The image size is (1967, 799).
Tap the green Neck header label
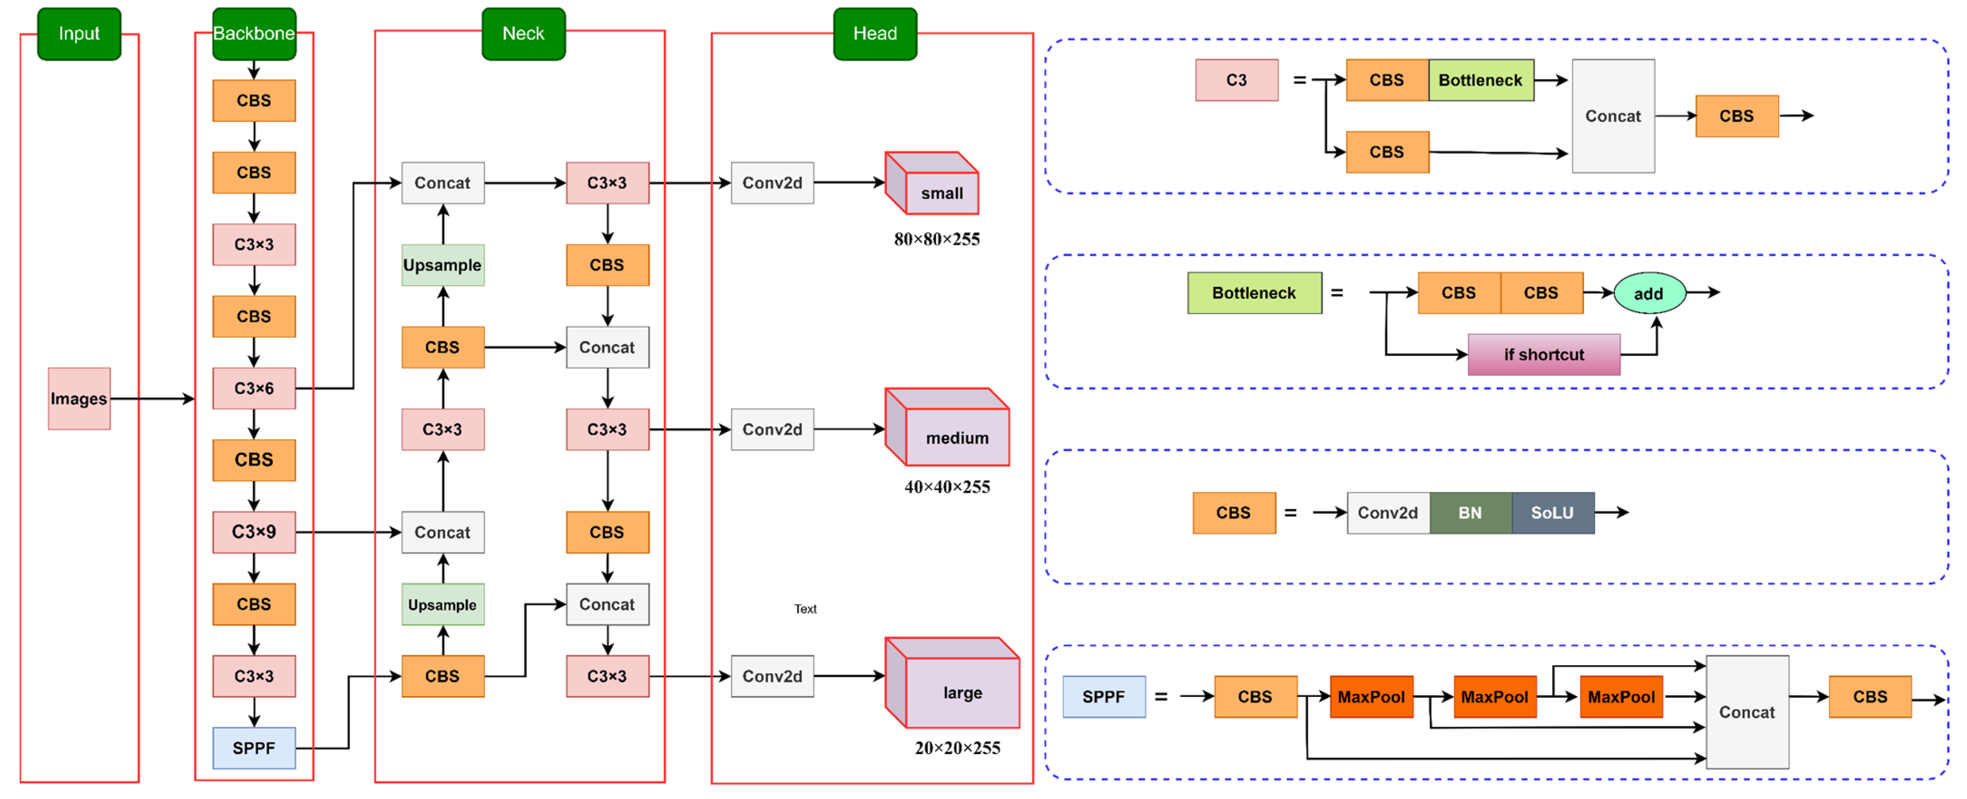523,34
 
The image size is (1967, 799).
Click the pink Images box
78,398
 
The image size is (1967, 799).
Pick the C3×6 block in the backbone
254,389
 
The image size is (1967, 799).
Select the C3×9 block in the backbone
254,532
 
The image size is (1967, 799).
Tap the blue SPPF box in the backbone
254,748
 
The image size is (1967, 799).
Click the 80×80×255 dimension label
936,239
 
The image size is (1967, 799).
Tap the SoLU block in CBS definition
1552,513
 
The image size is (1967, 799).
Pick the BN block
1470,513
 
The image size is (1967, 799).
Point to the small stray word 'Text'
805,609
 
